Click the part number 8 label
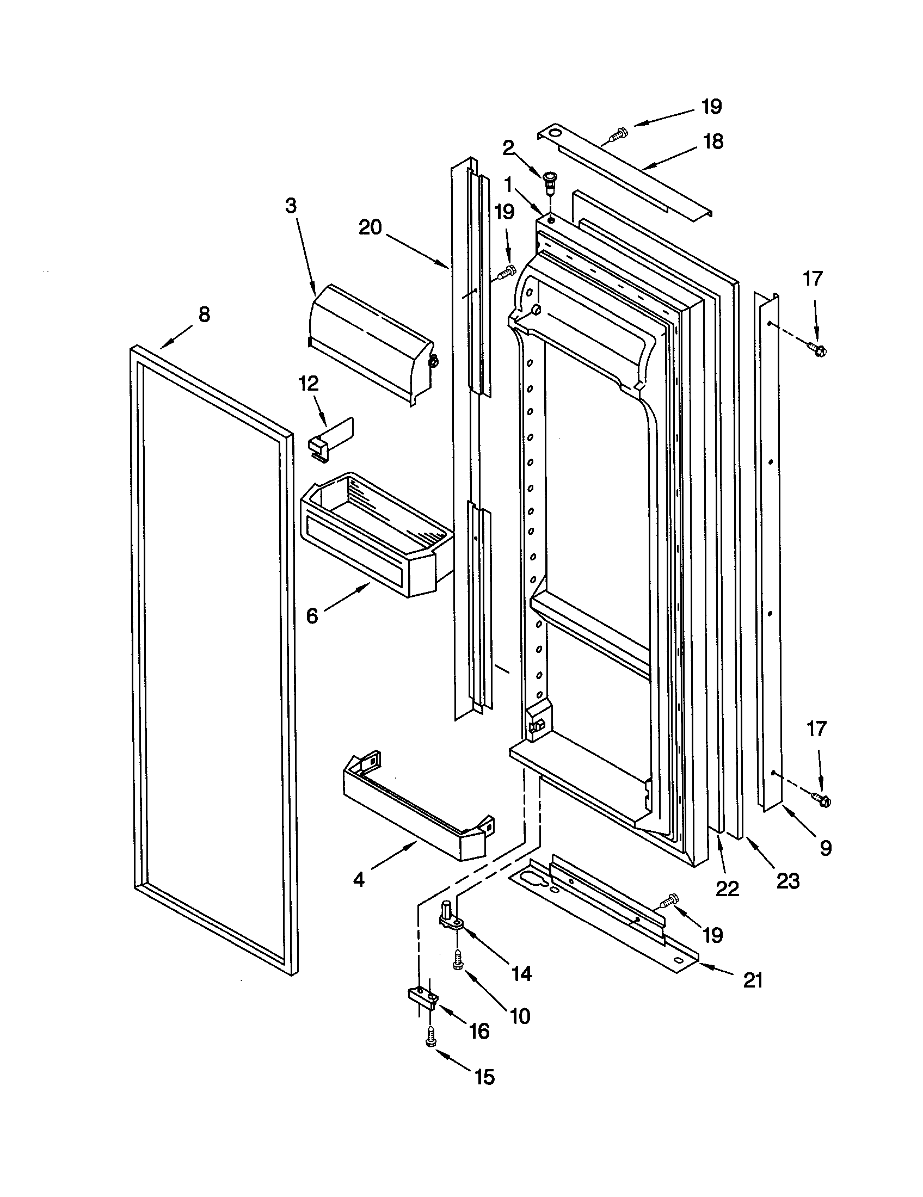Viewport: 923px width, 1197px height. pyautogui.click(x=204, y=314)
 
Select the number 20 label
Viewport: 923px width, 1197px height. pyautogui.click(x=370, y=227)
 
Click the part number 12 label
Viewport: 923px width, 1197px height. pyautogui.click(x=309, y=383)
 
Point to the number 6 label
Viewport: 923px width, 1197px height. pyautogui.click(x=311, y=616)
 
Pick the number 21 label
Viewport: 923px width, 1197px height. pyautogui.click(x=753, y=980)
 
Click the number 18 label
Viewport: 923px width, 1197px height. pyautogui.click(x=713, y=141)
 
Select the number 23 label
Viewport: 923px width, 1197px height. pyautogui.click(x=787, y=881)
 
